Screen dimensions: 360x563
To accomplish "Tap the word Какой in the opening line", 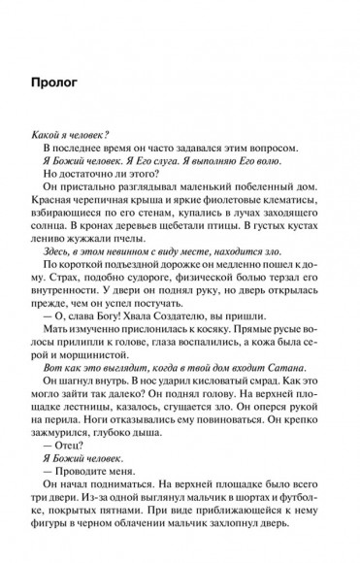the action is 76,133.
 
